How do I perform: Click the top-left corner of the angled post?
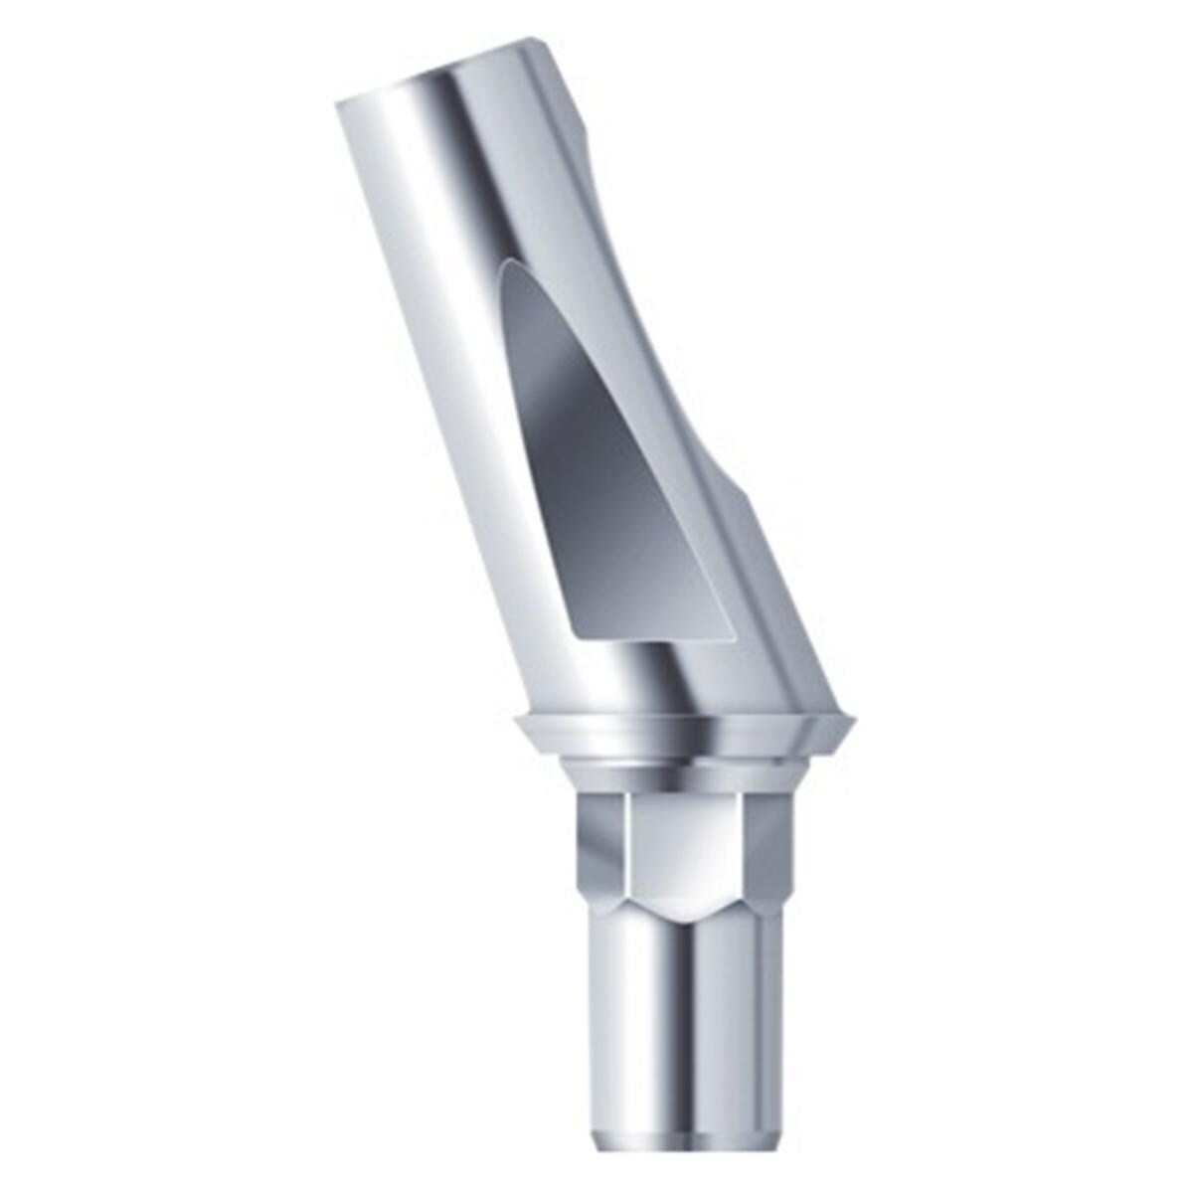pos(338,102)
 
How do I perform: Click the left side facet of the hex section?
pos(601,845)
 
